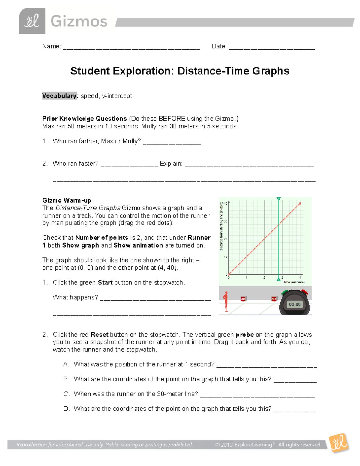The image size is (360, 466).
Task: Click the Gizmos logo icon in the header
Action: (32, 21)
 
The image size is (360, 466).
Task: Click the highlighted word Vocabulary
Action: (60, 96)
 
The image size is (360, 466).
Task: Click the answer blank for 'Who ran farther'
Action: (172, 143)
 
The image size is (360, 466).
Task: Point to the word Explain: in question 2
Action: (171, 164)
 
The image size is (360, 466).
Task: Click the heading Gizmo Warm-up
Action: (67, 200)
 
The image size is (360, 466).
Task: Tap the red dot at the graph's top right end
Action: (300, 203)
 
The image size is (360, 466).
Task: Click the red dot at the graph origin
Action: (229, 275)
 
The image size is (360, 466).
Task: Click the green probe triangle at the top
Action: (279, 199)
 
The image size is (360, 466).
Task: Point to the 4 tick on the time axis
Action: (300, 278)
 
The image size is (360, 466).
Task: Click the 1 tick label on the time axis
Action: (246, 278)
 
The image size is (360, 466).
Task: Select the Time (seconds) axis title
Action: (294, 282)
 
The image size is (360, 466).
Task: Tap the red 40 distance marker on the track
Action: (274, 299)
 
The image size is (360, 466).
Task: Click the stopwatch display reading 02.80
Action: (295, 304)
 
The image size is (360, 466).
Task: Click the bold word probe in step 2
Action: (245, 335)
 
